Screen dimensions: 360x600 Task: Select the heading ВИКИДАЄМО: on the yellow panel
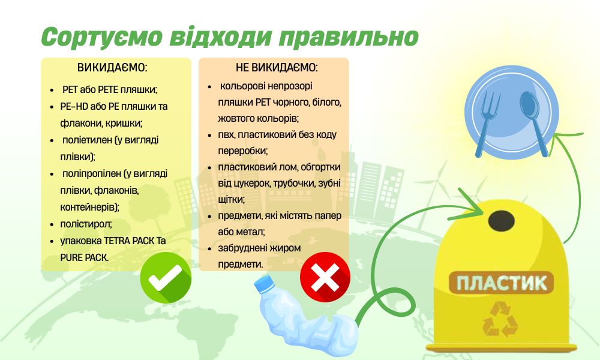click(112, 67)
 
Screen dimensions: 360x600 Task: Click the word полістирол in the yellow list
click(86, 224)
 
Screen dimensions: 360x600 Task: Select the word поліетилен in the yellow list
click(91, 140)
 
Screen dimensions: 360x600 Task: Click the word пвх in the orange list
click(226, 134)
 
